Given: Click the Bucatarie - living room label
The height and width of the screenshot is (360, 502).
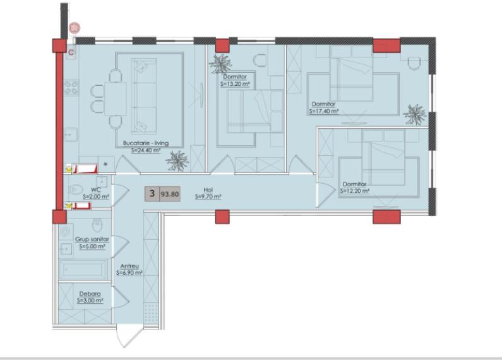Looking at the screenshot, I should click(x=146, y=143).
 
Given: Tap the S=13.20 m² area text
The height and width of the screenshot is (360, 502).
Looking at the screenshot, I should click(x=237, y=83).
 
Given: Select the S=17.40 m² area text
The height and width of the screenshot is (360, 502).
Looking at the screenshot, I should click(x=324, y=111).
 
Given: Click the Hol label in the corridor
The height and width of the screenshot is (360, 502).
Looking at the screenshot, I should click(x=208, y=189).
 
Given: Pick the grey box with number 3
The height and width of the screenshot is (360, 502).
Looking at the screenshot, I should click(x=152, y=194).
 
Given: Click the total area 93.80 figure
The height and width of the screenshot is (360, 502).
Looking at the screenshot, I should click(x=169, y=194).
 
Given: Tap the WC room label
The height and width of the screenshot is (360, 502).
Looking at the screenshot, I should click(x=96, y=189).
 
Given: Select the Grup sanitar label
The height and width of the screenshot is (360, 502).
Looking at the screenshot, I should click(x=92, y=240).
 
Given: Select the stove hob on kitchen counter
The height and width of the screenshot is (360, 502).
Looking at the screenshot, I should click(x=70, y=87).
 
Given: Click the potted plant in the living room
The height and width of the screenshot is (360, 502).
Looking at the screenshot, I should click(x=177, y=161).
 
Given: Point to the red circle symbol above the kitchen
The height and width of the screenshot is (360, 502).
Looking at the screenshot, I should click(x=74, y=28).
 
